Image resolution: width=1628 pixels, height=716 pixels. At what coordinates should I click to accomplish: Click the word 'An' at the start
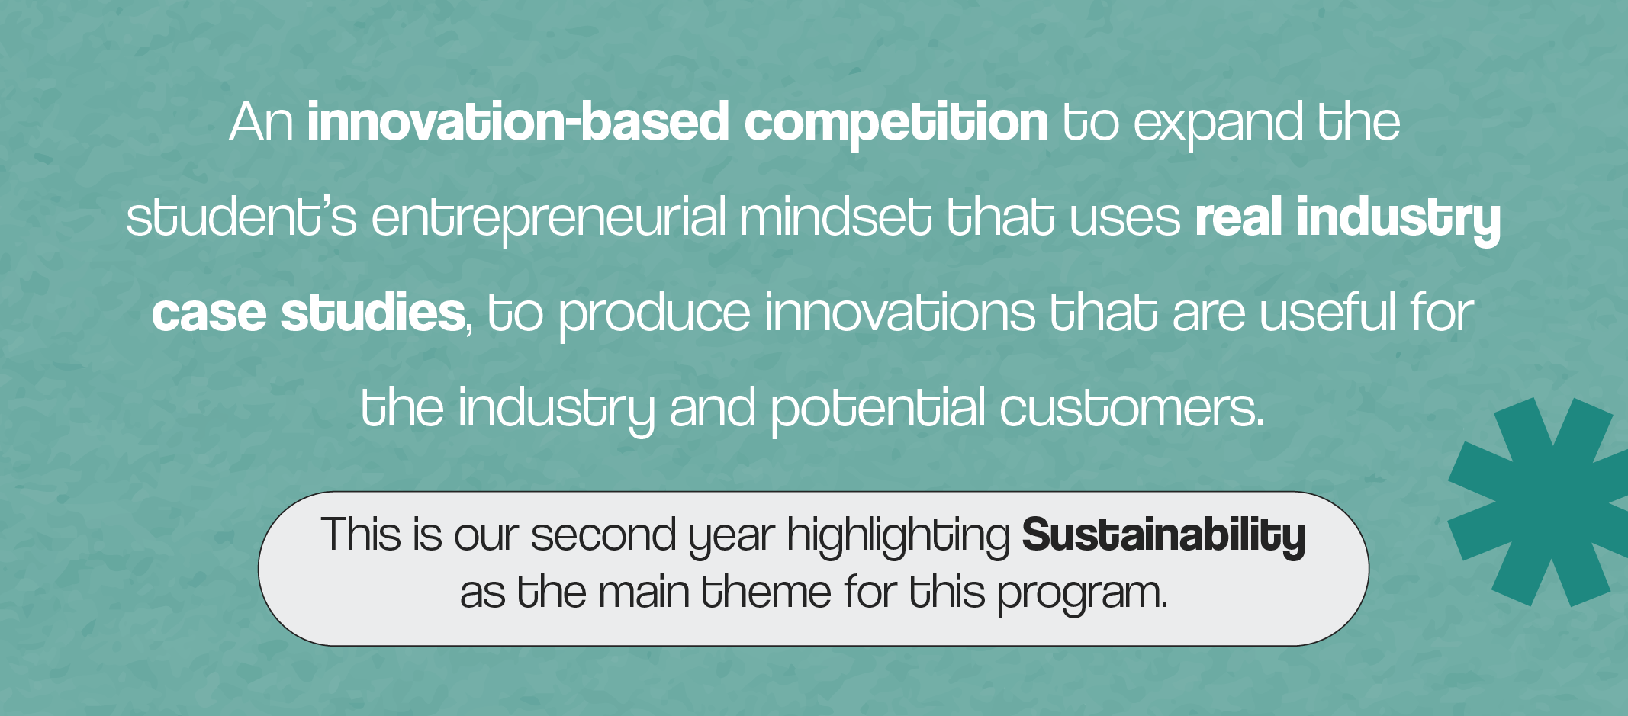[262, 122]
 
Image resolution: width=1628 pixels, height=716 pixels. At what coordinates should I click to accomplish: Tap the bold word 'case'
[208, 313]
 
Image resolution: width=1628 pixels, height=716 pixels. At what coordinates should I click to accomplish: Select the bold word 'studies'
[373, 312]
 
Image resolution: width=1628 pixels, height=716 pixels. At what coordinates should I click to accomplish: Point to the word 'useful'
[1328, 312]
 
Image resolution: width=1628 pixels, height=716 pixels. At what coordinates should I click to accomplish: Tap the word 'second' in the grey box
[603, 535]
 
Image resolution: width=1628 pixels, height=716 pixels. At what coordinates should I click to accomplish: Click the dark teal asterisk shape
[1544, 502]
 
